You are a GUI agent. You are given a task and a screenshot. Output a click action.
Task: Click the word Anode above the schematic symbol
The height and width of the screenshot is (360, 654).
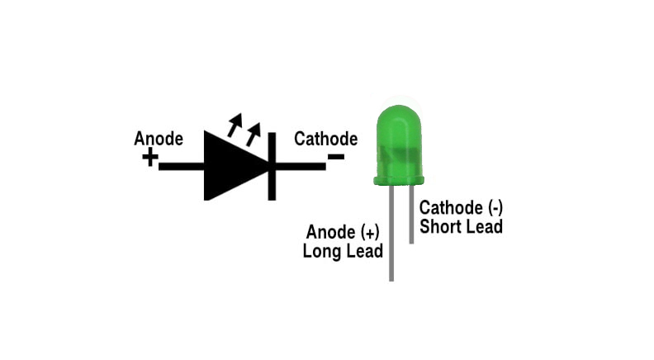coord(158,139)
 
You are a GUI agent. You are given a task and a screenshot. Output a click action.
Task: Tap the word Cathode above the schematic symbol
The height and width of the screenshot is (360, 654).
coord(325,139)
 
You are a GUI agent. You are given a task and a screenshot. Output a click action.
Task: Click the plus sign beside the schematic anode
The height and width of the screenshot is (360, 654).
coord(149,157)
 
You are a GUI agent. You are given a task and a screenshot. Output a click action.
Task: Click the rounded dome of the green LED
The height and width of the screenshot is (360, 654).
coord(399,136)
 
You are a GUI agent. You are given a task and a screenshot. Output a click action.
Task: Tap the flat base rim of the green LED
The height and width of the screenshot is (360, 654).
coord(400,178)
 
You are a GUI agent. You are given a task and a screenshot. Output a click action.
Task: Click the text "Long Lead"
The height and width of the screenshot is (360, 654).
coord(343,250)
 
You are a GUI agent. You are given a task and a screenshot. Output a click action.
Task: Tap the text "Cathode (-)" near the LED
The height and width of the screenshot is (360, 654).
coord(461,207)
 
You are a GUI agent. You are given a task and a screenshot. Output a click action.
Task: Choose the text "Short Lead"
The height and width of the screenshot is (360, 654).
coord(461,225)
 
